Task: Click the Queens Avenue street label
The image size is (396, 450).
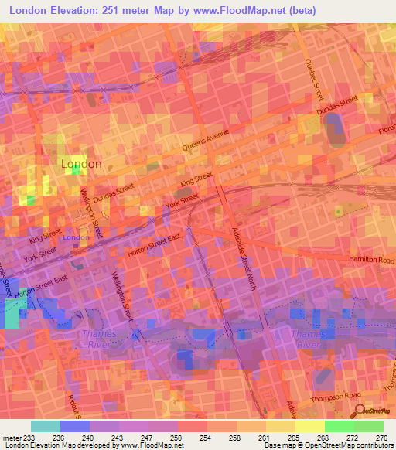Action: coord(207,140)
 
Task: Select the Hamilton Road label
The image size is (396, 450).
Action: coord(372,260)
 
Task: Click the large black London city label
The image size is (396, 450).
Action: coord(81,165)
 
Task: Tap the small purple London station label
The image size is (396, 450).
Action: coord(75,237)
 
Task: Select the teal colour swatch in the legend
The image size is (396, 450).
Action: coord(45,426)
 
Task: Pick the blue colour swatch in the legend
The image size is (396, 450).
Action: coord(74,426)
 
